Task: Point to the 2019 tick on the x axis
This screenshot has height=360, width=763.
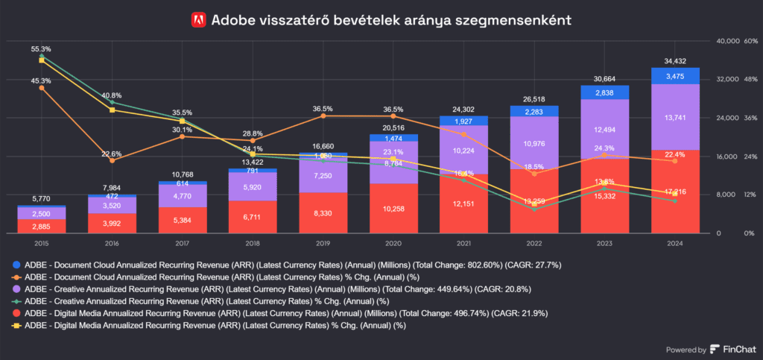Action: click(x=323, y=243)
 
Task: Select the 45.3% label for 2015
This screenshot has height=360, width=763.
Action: click(x=41, y=80)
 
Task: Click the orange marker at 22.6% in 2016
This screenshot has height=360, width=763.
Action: click(x=112, y=160)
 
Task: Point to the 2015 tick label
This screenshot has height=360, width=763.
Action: click(x=41, y=243)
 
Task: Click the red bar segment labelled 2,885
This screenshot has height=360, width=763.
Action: click(x=41, y=225)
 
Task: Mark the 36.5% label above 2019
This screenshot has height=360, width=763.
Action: click(x=323, y=109)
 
